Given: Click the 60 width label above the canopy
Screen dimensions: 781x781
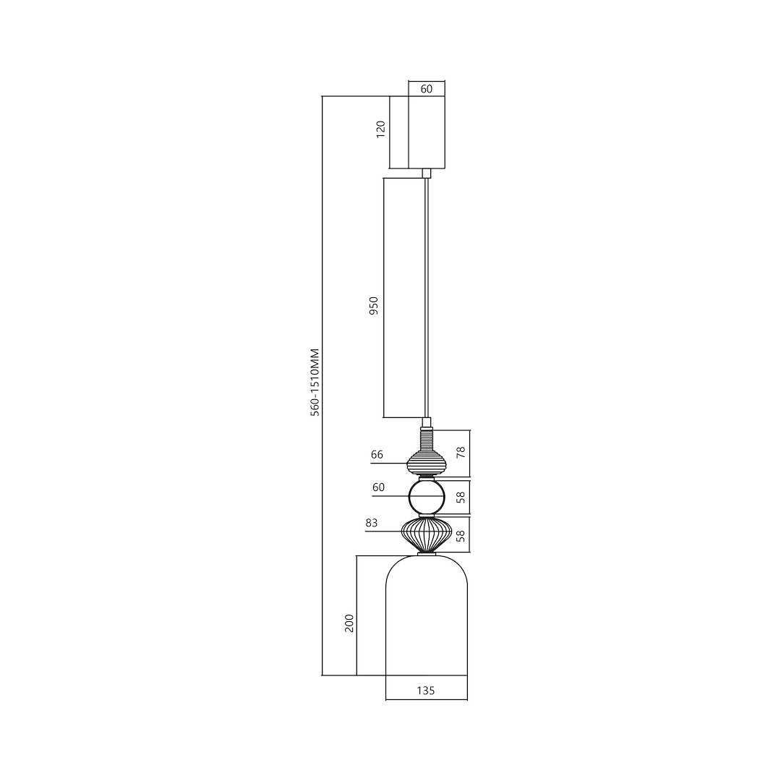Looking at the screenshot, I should (x=426, y=89).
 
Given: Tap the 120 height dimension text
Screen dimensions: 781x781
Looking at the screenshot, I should (x=381, y=129).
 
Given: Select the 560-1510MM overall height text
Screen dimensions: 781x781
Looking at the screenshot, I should (x=315, y=381).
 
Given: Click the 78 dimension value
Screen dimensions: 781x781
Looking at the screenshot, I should (x=461, y=453).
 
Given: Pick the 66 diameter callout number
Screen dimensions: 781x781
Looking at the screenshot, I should (x=377, y=455).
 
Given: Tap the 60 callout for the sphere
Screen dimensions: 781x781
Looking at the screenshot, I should (x=379, y=487).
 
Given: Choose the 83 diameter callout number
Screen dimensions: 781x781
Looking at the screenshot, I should (x=372, y=523).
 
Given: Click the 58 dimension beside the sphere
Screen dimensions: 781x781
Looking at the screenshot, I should (x=461, y=497).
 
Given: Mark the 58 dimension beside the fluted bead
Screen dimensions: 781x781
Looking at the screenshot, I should (x=461, y=535).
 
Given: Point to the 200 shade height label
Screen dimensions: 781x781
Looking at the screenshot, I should (x=349, y=623).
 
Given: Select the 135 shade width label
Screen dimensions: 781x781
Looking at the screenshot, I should (x=426, y=691).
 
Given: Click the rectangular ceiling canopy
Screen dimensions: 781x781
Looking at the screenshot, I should (x=427, y=132).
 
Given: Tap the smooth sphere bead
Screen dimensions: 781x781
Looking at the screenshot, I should (x=427, y=497).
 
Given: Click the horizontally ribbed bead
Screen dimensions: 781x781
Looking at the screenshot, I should (x=427, y=461).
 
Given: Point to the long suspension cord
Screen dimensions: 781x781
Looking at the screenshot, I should (x=427, y=296).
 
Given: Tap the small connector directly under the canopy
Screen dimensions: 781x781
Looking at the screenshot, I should (x=427, y=173).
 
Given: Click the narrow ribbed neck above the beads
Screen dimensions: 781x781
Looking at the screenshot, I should (x=427, y=438).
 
